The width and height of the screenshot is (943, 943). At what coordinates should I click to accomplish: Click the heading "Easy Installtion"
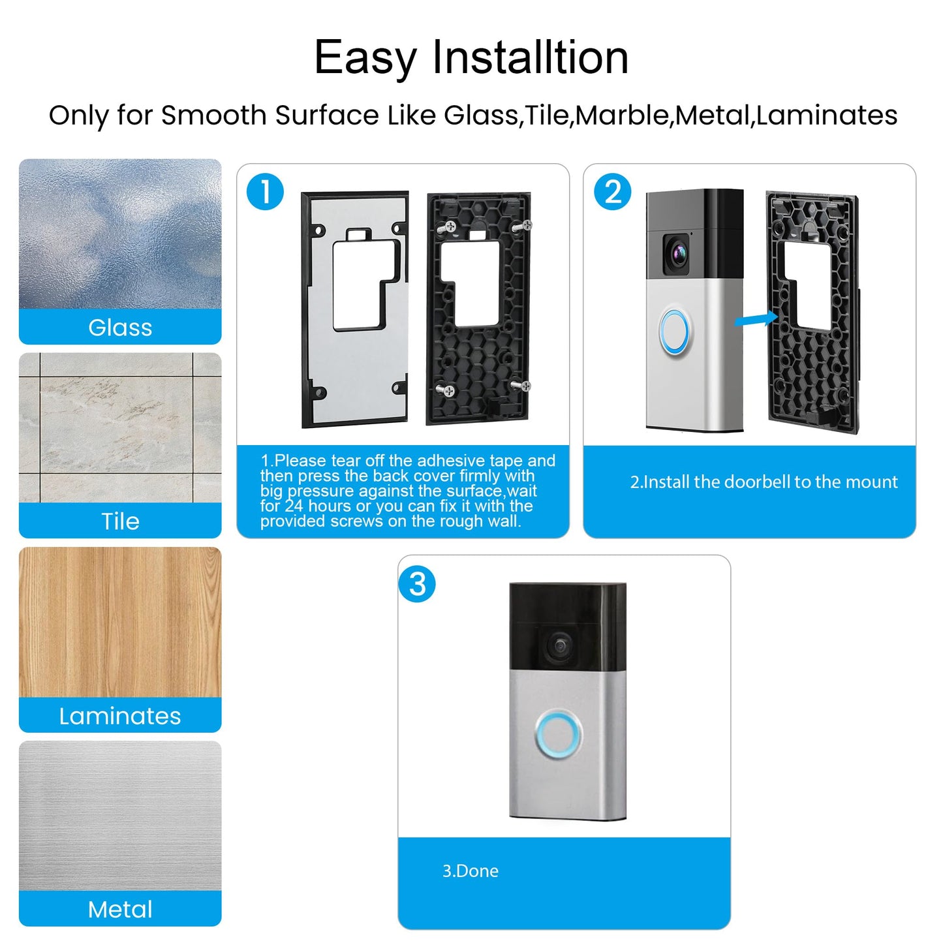coord(471,57)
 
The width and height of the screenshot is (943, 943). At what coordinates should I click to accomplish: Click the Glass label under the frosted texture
coord(120,327)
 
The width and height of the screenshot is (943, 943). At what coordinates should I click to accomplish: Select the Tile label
coord(120,521)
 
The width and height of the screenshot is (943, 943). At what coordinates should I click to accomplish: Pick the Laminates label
coord(120,716)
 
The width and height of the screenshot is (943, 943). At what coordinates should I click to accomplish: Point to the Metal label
coord(120,909)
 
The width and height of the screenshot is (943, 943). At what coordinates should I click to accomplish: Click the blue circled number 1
coord(265,192)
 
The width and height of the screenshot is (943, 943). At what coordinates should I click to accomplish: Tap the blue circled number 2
coord(612,192)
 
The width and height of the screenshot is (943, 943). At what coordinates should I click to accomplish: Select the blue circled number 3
coord(417,584)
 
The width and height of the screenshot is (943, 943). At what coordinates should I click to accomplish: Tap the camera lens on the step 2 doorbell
coord(677,251)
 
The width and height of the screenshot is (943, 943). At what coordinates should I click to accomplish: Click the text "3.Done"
coord(470,871)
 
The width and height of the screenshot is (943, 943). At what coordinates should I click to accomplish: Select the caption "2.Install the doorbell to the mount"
coord(764,482)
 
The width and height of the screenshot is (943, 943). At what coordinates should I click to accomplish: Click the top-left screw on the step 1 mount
coord(450,226)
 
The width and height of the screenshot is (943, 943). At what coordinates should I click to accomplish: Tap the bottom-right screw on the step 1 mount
coord(524,386)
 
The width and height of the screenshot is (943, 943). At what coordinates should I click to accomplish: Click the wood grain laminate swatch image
coord(120,622)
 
